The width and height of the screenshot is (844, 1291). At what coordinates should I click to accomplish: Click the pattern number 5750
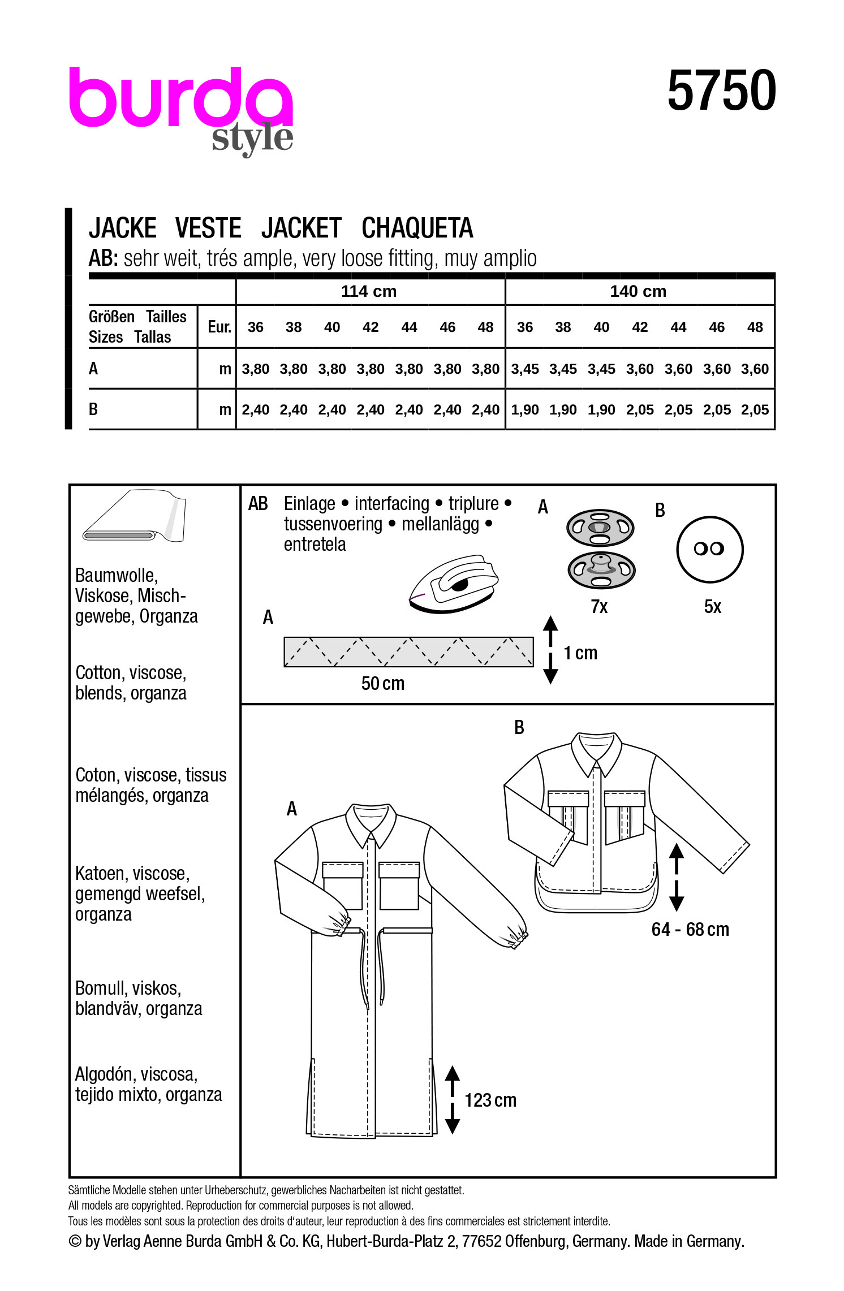(x=721, y=90)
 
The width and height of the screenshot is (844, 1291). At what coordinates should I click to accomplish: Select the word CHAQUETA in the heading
(x=417, y=228)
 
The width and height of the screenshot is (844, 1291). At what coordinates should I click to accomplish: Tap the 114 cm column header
(x=369, y=291)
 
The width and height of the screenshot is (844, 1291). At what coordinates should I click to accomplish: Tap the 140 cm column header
(x=638, y=291)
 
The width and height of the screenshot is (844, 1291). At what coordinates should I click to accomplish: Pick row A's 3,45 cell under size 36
(x=524, y=369)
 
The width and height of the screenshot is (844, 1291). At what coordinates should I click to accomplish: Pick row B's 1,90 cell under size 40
(x=601, y=410)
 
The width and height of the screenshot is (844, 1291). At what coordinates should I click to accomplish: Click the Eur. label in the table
(x=219, y=327)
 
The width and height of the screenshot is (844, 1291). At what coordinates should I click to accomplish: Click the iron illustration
(x=454, y=584)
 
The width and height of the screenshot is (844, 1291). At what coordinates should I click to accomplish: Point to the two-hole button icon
(x=709, y=549)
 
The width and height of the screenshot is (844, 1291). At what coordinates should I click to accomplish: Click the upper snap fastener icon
(x=600, y=527)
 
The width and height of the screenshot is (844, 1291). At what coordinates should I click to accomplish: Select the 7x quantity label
(x=599, y=607)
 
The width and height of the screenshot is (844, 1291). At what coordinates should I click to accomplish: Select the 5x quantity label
(x=712, y=607)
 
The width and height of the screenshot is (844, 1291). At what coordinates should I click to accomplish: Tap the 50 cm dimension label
(x=383, y=684)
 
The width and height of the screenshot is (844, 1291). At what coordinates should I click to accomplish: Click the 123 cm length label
(x=490, y=1100)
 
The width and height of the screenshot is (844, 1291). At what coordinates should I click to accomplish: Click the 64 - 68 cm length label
(x=690, y=930)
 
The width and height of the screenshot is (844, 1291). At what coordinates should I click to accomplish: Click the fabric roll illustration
(x=134, y=516)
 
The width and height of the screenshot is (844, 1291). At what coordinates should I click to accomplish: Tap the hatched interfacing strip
(x=408, y=652)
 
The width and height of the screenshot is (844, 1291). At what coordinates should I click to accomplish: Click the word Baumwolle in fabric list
(x=117, y=576)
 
